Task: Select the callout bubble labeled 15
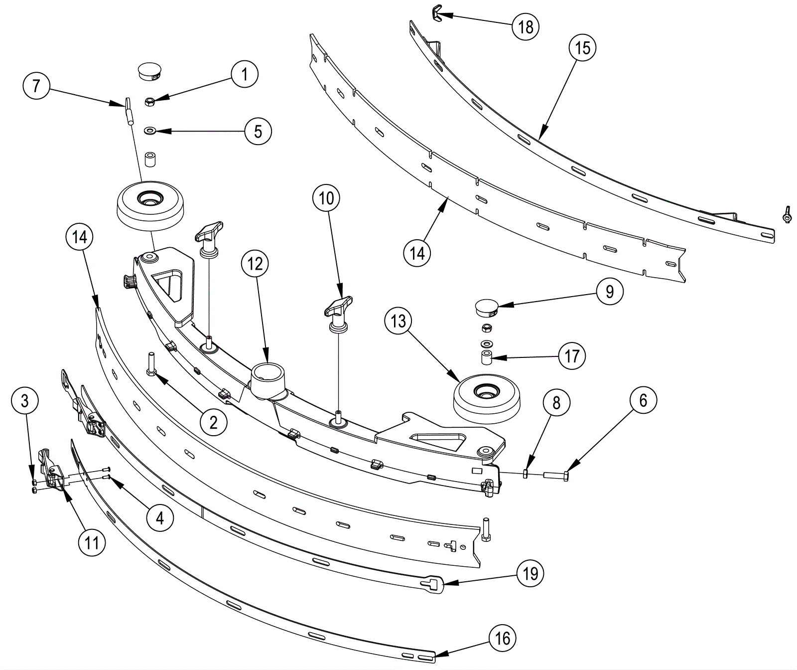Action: point(582,48)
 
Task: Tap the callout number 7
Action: point(36,86)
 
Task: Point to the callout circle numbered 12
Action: point(255,263)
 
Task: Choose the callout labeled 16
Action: point(503,638)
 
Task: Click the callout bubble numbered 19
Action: point(530,573)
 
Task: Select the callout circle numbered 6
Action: point(643,400)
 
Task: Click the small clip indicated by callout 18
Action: point(435,14)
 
